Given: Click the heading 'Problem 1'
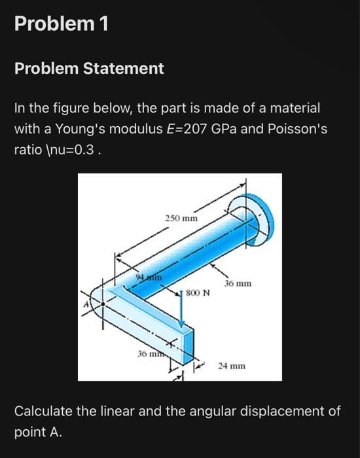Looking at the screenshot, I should click(x=62, y=24).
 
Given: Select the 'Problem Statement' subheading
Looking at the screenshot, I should click(x=89, y=68).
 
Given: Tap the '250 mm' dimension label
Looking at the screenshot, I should click(x=181, y=217).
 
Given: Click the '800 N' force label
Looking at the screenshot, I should click(x=198, y=292).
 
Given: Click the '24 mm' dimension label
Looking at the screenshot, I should click(x=232, y=366).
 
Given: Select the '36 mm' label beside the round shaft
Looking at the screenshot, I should click(x=238, y=284).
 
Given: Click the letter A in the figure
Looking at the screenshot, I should click(x=84, y=304).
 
